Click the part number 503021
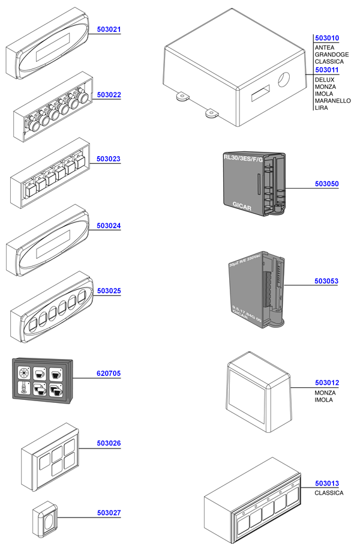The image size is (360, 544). pyautogui.click(x=109, y=29)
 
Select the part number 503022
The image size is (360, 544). pyautogui.click(x=109, y=95)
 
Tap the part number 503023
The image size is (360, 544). pyautogui.click(x=109, y=160)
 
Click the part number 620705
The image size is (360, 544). pyautogui.click(x=109, y=373)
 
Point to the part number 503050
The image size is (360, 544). pyautogui.click(x=326, y=184)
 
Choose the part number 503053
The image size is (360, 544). pyautogui.click(x=326, y=280)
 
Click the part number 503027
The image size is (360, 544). pyautogui.click(x=109, y=513)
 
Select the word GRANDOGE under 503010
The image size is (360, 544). pyautogui.click(x=331, y=55)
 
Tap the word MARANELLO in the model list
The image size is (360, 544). pyautogui.click(x=332, y=101)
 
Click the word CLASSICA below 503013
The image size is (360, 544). pyautogui.click(x=329, y=493)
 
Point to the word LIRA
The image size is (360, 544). pyautogui.click(x=321, y=109)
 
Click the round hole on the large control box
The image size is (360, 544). pyautogui.click(x=284, y=79)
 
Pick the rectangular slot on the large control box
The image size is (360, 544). pyautogui.click(x=259, y=93)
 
